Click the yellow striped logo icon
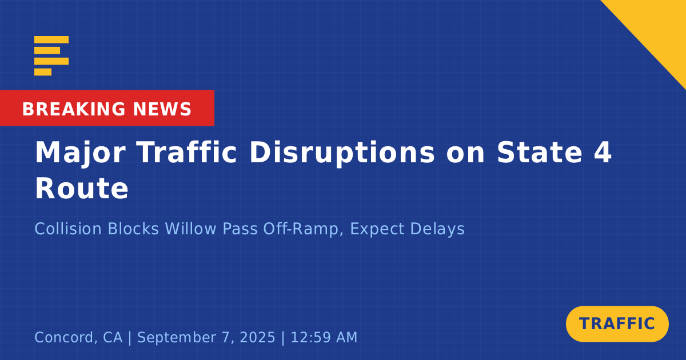pos(51,55)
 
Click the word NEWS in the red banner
pos(162,109)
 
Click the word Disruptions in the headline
pos(342,153)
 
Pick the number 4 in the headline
pos(603,152)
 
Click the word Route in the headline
pos(82,189)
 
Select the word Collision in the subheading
pos(68,229)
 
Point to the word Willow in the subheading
pos(190,229)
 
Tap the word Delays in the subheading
pos(437,229)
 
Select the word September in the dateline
pos(177,338)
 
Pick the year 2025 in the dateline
pos(258,337)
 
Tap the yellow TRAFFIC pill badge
pos(617,324)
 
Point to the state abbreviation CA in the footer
pos(113,337)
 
